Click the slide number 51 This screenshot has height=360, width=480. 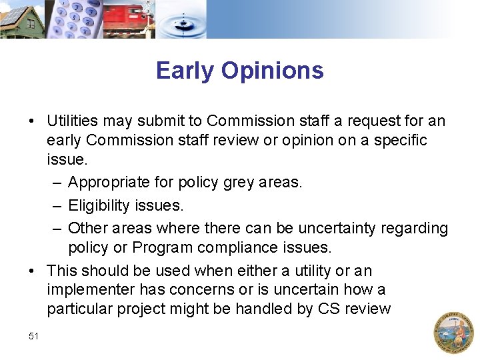pos(34,337)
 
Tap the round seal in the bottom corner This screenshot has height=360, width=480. pos(453,331)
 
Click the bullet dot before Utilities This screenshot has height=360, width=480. pos(31,121)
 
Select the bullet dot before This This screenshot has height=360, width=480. pos(31,271)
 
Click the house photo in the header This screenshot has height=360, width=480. pos(22,19)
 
